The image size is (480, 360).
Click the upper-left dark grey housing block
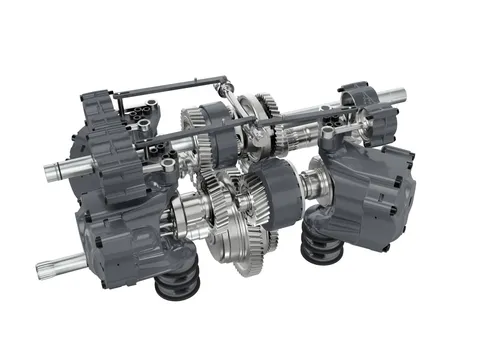[110, 140]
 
